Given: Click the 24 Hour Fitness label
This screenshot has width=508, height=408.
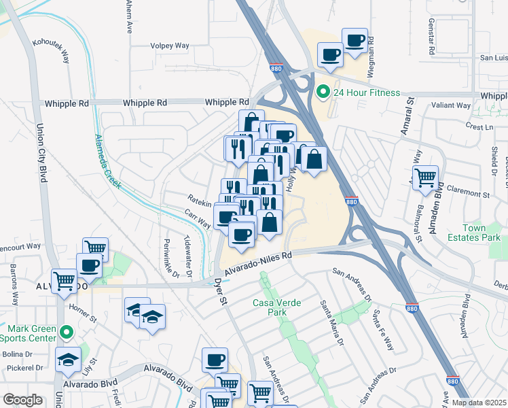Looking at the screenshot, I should [x=367, y=92].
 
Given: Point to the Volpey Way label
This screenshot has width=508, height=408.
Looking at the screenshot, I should [x=170, y=46].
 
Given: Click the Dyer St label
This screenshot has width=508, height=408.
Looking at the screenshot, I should [x=219, y=291].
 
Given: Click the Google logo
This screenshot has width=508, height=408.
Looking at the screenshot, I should [x=23, y=400].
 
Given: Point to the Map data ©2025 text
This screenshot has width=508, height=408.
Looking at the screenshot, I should [x=479, y=403].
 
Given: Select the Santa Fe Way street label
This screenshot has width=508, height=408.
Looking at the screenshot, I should [x=382, y=330].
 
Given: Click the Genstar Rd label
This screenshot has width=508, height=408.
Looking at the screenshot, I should [x=431, y=37].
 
